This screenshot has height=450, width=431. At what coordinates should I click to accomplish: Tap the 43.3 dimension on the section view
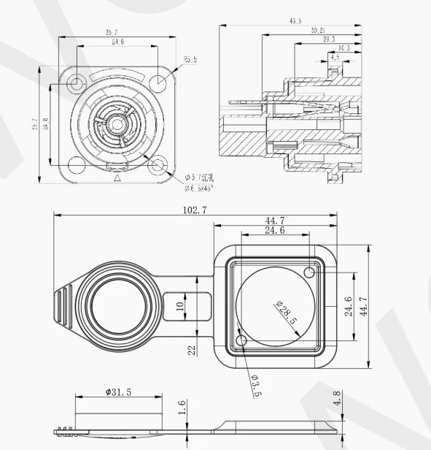pos(295,22)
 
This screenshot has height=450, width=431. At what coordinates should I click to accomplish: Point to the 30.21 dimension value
pos(317,31)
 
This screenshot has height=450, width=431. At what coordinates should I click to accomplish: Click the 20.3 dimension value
pos(328,39)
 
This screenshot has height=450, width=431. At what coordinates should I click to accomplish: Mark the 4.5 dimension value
pos(335,57)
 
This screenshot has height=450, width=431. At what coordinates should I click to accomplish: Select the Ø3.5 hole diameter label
pos(255,384)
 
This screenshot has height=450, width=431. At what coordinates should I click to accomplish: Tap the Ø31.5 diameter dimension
pos(118,392)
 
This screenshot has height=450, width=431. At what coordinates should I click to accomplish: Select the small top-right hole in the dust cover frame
pos(310,273)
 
